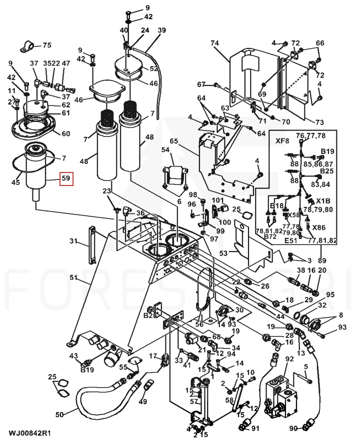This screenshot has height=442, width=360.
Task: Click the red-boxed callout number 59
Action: click(x=66, y=178)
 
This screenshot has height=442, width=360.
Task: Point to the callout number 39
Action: click(x=161, y=31)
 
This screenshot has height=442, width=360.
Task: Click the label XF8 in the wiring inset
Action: click(x=282, y=141)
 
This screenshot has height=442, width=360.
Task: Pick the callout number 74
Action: click(x=215, y=44)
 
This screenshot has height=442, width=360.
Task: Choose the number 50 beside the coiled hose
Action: click(x=59, y=414)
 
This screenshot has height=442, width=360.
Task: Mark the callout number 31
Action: click(x=73, y=242)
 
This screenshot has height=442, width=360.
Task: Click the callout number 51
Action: click(x=73, y=278)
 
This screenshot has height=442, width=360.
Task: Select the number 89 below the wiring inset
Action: click(x=322, y=260)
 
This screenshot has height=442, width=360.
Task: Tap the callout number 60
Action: click(x=66, y=133)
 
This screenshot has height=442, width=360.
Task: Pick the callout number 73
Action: click(x=319, y=122)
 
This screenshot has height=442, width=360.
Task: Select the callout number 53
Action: click(x=223, y=253)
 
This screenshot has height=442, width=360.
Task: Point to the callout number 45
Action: click(x=15, y=183)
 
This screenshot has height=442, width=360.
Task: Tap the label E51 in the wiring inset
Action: click(x=291, y=240)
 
